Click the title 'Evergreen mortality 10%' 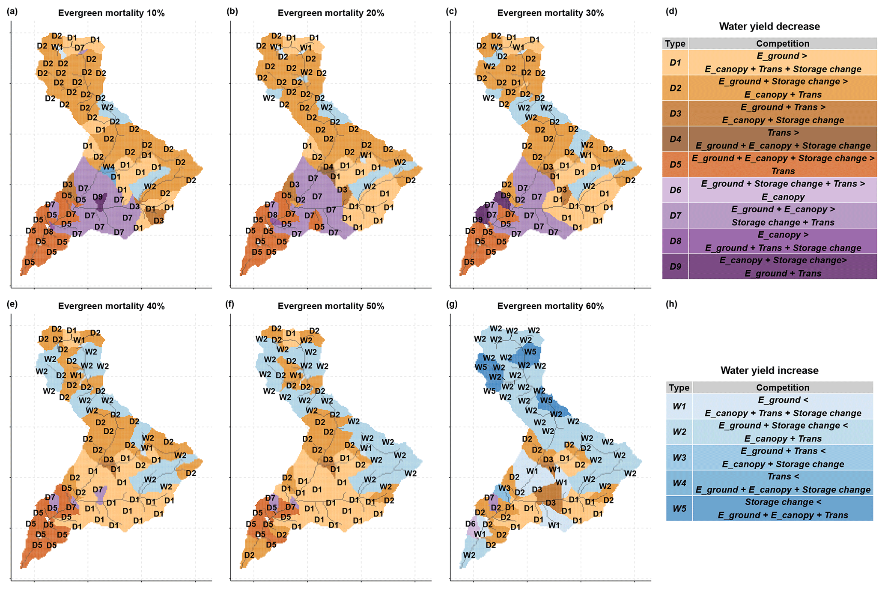pyautogui.click(x=111, y=13)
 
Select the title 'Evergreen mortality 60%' pyautogui.click(x=550, y=306)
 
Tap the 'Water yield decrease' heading pyautogui.click(x=769, y=27)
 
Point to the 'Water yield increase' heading pyautogui.click(x=769, y=370)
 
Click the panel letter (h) pyautogui.click(x=671, y=304)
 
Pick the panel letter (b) pyautogui.click(x=232, y=12)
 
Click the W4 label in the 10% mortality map pyautogui.click(x=108, y=167)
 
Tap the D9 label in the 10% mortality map pyautogui.click(x=98, y=197)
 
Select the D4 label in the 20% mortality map pyautogui.click(x=328, y=167)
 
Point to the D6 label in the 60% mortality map pyautogui.click(x=470, y=524)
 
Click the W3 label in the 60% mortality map pyautogui.click(x=504, y=488)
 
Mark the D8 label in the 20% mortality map pyautogui.click(x=272, y=215)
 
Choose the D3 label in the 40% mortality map pyautogui.click(x=108, y=460)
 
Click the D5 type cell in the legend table pyautogui.click(x=675, y=164)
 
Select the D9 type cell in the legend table pyautogui.click(x=675, y=267)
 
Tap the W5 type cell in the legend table pyautogui.click(x=679, y=509)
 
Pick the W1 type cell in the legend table pyautogui.click(x=679, y=406)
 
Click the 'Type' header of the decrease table pyautogui.click(x=675, y=44)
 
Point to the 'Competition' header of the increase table pyautogui.click(x=782, y=387)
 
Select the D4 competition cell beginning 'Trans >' pyautogui.click(x=782, y=139)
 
